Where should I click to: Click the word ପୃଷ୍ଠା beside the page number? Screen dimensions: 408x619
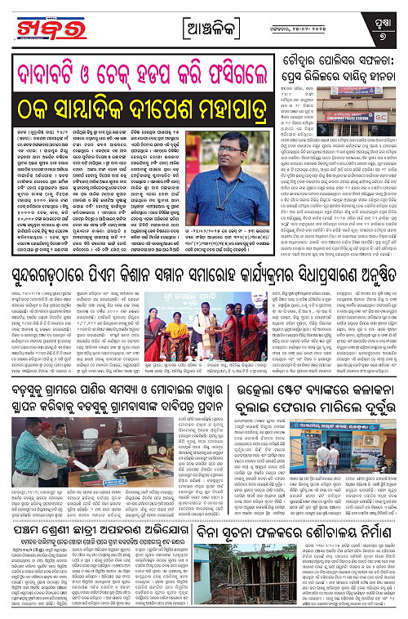383,23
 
